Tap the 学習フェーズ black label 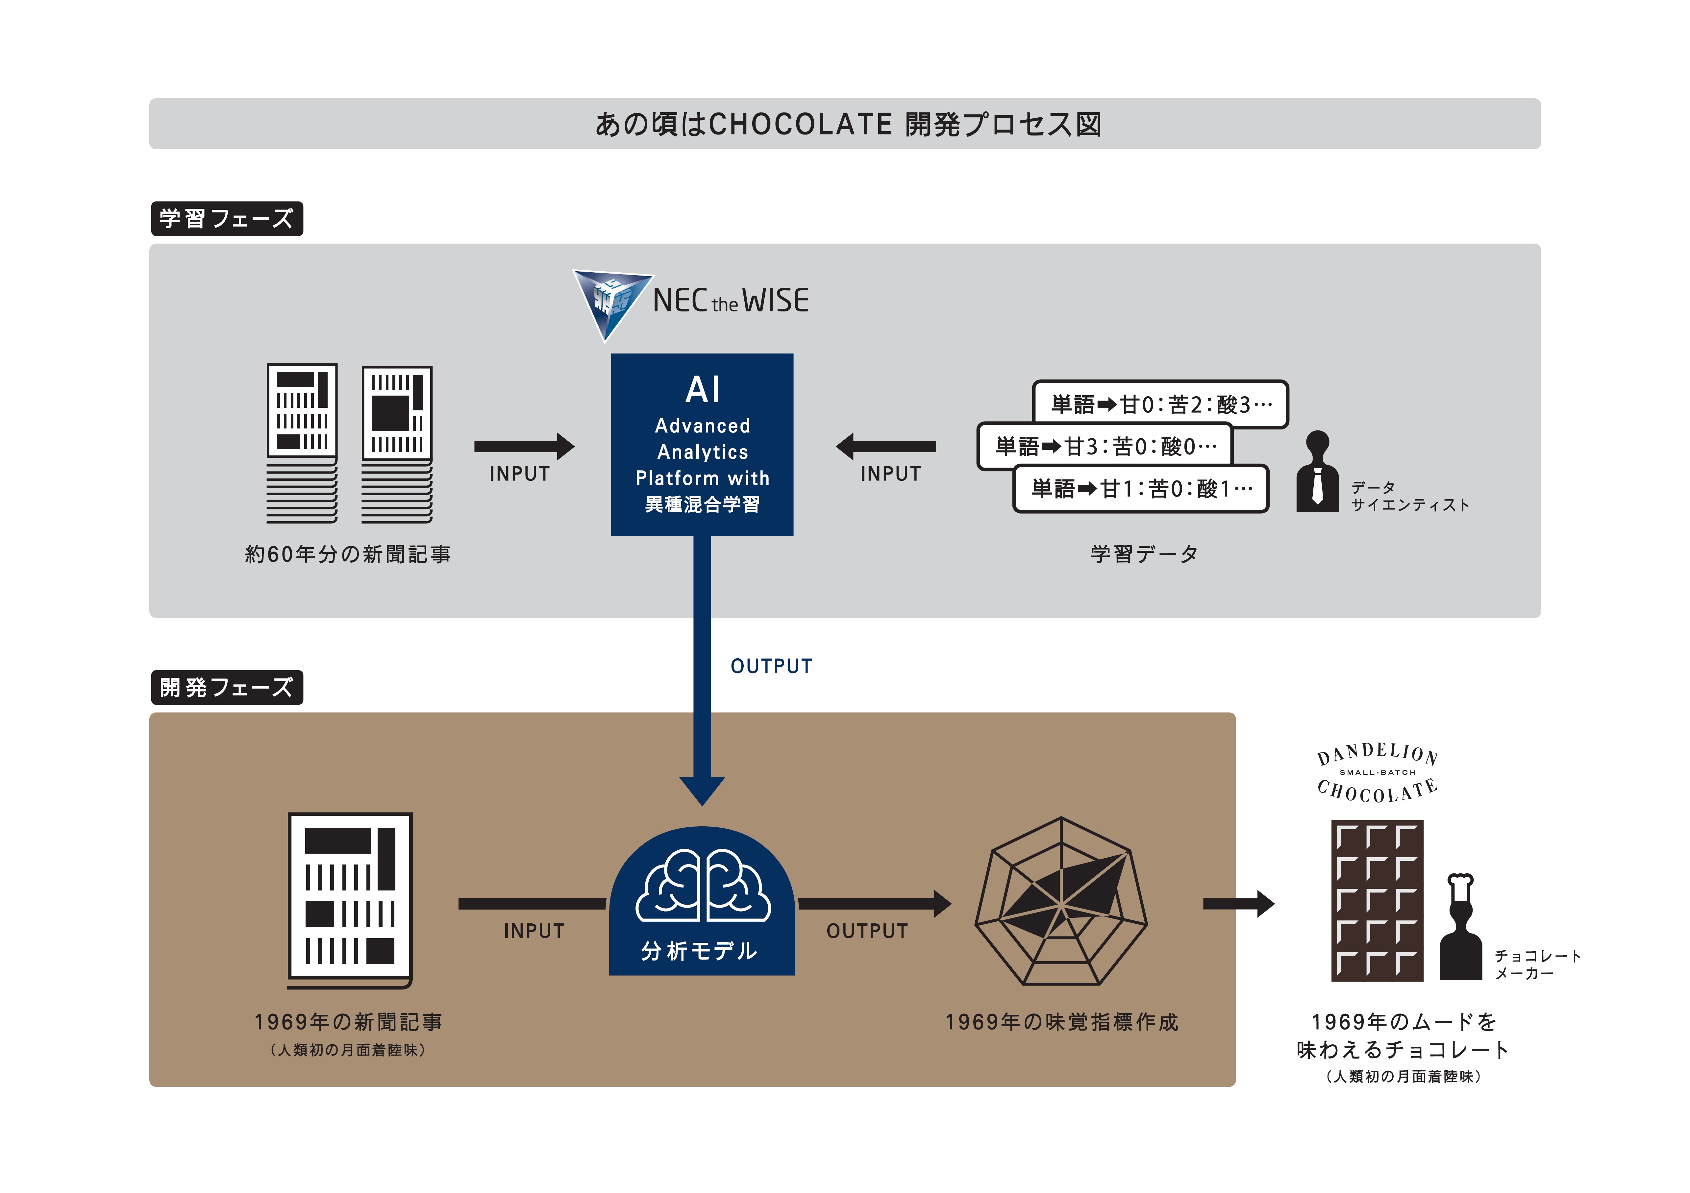(227, 219)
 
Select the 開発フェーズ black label (227, 687)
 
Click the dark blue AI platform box (702, 445)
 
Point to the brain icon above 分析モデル (703, 885)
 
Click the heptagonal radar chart (1061, 902)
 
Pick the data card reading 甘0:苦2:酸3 (1161, 404)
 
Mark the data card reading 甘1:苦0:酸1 (1141, 488)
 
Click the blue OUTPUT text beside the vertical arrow (771, 666)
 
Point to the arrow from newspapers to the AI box (524, 446)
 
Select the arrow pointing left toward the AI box (885, 446)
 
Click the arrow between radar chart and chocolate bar (1239, 904)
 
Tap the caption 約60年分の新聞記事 (347, 554)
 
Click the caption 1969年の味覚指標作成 (1061, 1022)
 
